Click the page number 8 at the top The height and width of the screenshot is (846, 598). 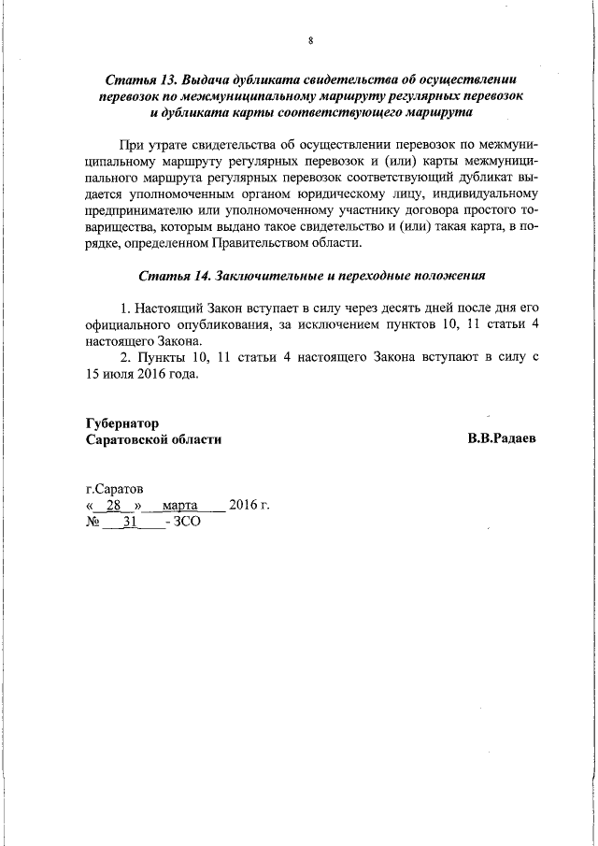point(311,40)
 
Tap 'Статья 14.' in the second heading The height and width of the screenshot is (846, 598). point(175,276)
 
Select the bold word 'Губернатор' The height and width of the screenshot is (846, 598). point(122,423)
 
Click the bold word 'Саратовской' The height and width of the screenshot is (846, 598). point(127,439)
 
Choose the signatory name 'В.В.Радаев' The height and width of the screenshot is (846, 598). point(503,439)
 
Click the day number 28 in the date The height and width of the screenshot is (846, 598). point(114,507)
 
